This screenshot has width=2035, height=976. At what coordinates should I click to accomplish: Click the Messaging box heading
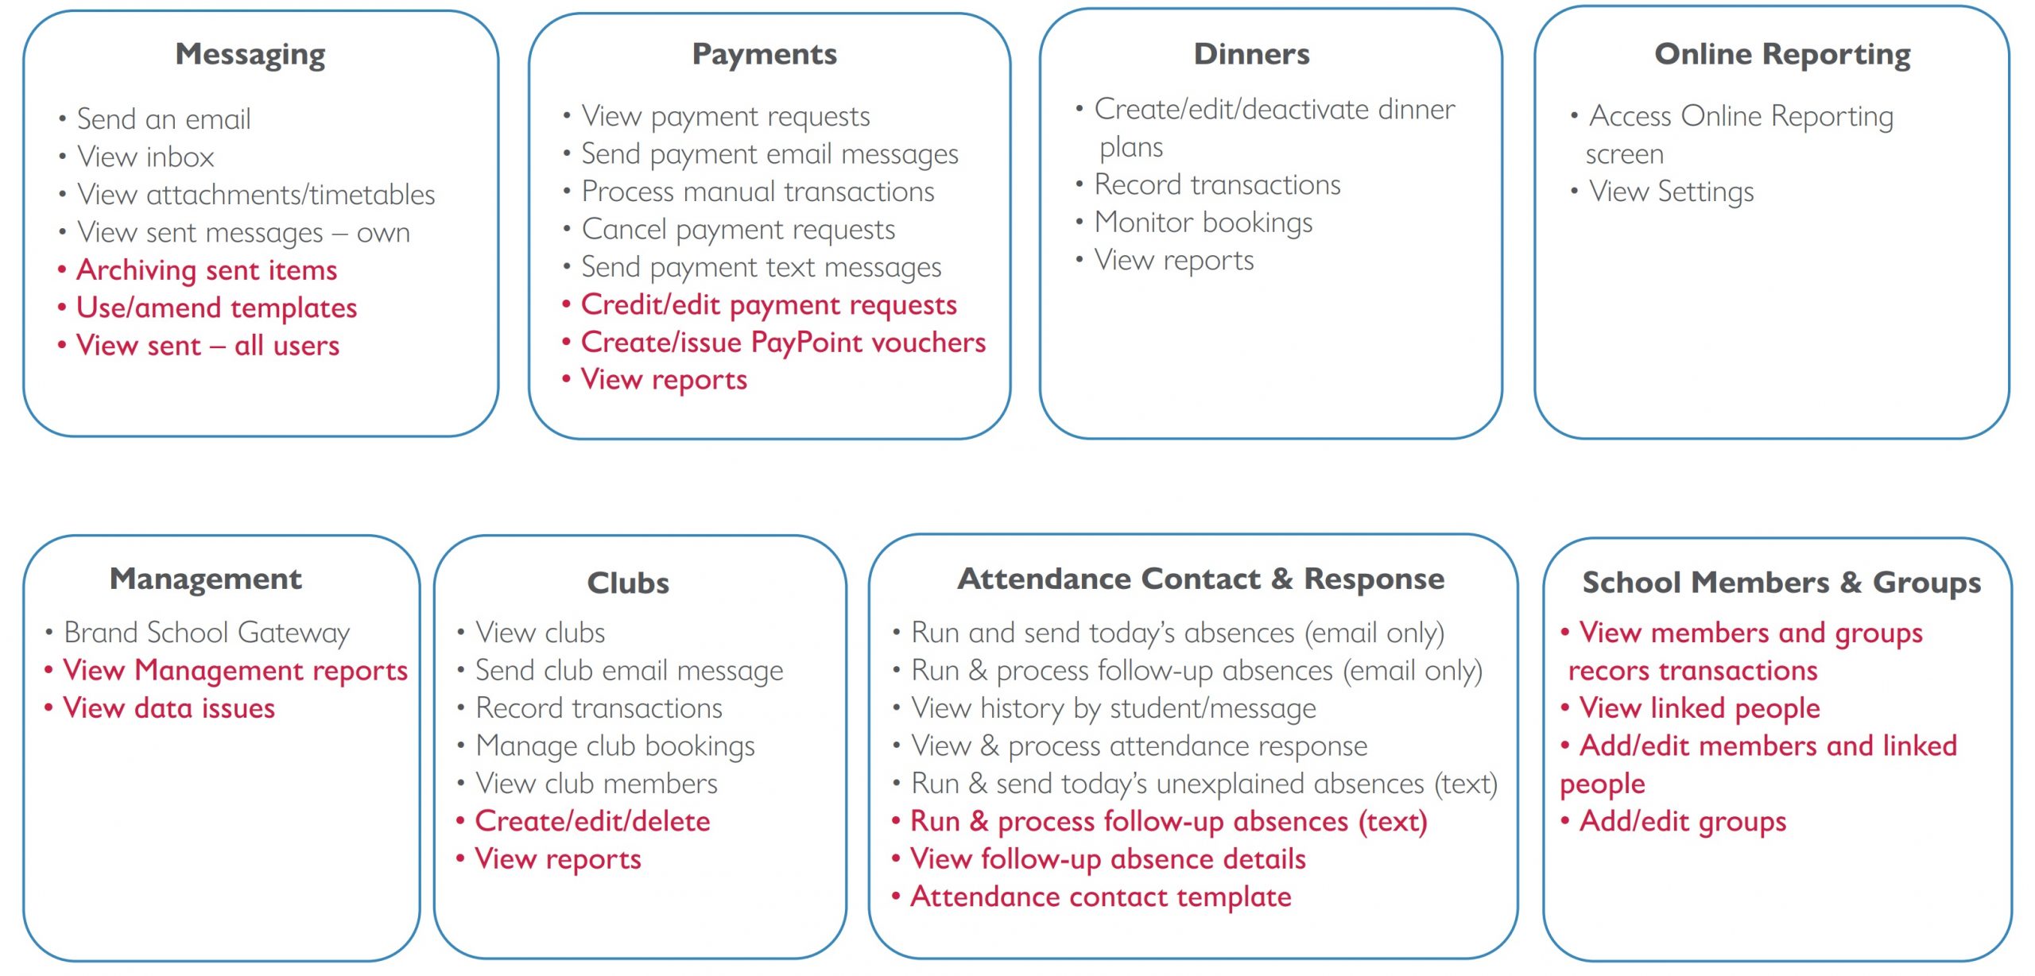(250, 55)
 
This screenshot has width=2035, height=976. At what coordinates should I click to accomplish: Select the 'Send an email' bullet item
(164, 119)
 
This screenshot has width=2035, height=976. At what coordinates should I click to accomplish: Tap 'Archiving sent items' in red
(207, 270)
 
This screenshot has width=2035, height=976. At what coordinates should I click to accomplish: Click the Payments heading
(765, 54)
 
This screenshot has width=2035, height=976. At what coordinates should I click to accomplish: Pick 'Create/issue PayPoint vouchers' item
(783, 343)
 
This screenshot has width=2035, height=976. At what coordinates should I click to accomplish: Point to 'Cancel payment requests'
(738, 230)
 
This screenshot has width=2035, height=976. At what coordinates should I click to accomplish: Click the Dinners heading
(1252, 54)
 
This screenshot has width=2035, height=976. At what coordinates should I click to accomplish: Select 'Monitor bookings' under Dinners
(1204, 223)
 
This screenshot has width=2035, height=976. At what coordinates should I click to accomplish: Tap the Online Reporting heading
(1783, 54)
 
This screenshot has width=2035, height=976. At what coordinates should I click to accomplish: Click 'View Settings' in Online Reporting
(1671, 192)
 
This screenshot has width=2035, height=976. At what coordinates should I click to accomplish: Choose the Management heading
(206, 579)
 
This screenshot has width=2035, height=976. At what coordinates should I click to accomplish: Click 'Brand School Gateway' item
(207, 633)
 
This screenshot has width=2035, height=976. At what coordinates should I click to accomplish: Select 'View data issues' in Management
(169, 708)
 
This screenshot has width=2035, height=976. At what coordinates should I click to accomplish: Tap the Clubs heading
(628, 583)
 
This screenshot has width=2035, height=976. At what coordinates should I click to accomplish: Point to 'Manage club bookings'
(615, 746)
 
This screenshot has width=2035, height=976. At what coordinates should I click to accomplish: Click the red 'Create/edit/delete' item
(592, 821)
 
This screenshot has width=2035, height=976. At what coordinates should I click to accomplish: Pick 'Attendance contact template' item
(1101, 897)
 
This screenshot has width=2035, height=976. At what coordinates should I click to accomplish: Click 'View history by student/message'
(1114, 708)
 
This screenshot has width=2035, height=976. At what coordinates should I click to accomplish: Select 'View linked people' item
(1700, 708)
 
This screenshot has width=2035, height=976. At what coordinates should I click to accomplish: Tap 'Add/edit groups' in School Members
(1683, 821)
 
